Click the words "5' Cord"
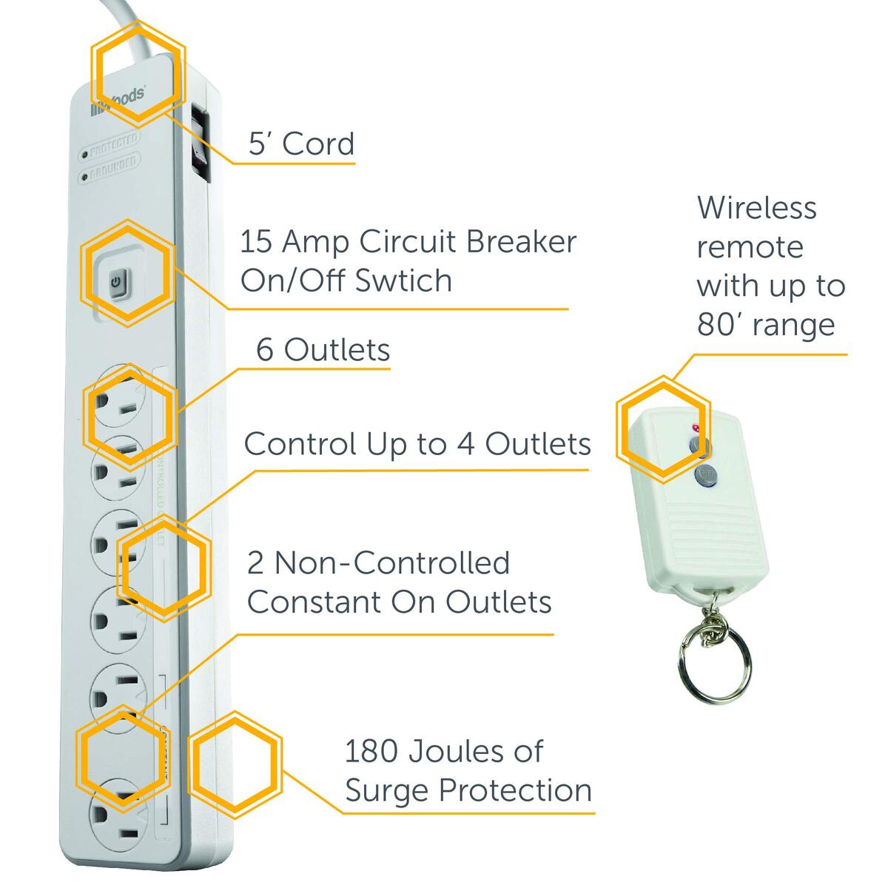[x=301, y=143]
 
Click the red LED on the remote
[x=694, y=427]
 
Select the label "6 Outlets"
[x=323, y=349]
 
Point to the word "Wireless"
[x=756, y=207]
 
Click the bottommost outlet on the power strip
[x=118, y=814]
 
